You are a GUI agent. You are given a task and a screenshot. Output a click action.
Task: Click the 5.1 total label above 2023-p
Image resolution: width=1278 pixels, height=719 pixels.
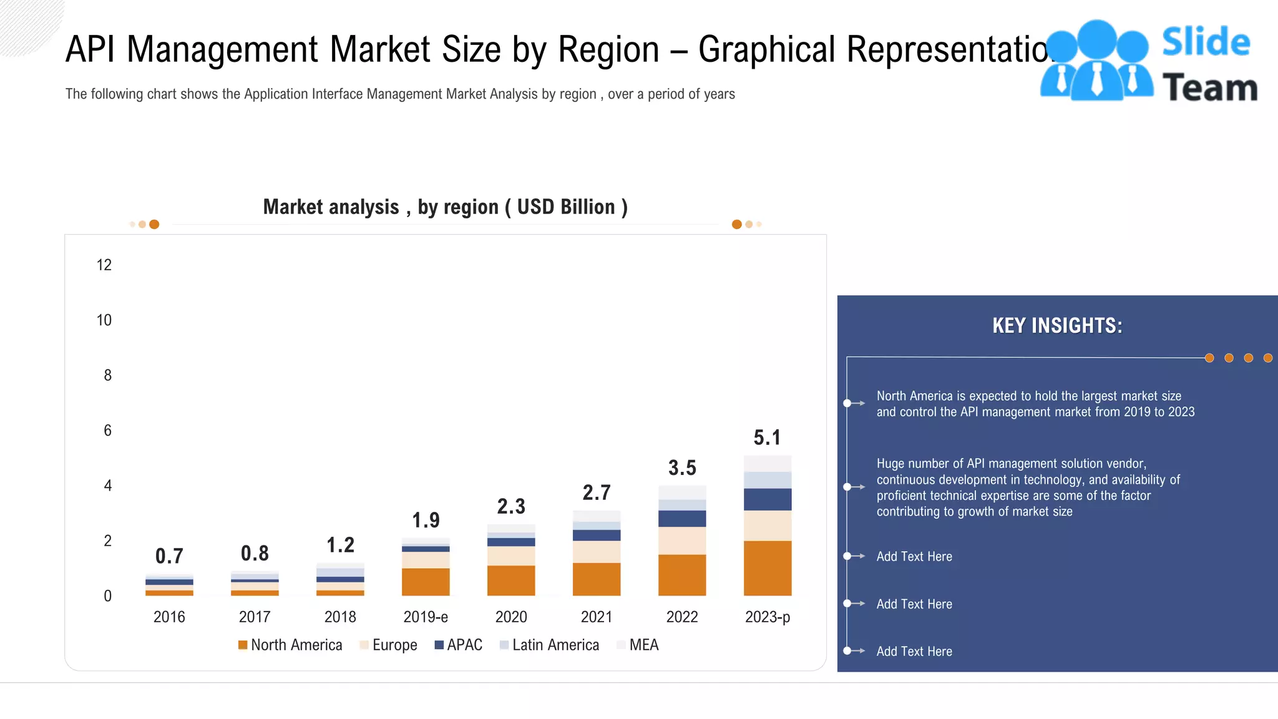point(767,438)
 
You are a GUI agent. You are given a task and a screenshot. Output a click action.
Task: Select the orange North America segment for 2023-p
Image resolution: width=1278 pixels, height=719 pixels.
point(768,568)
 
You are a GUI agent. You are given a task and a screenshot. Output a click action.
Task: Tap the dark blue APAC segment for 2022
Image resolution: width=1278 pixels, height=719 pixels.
point(682,519)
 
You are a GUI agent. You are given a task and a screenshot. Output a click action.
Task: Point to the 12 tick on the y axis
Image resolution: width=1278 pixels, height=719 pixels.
point(104,265)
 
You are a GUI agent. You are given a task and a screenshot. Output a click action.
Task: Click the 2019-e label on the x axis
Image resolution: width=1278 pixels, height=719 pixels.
point(426,617)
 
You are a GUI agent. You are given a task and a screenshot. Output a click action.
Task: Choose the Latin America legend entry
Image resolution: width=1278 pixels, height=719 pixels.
point(555,645)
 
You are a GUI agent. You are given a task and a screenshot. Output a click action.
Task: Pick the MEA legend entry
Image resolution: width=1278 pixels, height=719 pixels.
point(643,645)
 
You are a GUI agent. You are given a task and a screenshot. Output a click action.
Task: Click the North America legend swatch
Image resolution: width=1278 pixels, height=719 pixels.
point(243,645)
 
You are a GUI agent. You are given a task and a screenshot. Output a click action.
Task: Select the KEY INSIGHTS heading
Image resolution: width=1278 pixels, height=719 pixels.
point(1057,326)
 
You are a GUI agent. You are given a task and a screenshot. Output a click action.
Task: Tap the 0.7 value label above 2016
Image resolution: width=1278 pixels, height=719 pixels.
point(169,555)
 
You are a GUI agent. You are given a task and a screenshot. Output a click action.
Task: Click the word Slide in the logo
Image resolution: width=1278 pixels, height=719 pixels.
point(1206,42)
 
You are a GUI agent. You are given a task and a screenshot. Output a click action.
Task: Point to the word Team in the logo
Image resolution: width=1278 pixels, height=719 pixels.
point(1209,87)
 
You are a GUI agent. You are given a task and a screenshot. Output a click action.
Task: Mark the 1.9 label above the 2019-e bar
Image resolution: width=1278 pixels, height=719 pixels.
point(426,520)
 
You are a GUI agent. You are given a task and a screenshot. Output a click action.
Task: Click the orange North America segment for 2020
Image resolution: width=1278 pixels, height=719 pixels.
point(511,580)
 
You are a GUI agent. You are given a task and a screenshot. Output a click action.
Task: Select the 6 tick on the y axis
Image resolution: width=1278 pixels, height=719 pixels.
point(107,430)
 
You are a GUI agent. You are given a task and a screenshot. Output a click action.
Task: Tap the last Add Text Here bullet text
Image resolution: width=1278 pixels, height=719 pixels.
point(914,651)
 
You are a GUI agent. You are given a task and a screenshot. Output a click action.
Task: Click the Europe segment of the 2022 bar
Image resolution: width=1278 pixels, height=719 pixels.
point(682,540)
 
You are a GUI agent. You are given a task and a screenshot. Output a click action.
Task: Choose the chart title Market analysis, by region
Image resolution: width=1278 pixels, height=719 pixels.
point(445,207)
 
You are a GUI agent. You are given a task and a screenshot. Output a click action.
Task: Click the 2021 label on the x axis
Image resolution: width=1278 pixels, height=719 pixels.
point(597,617)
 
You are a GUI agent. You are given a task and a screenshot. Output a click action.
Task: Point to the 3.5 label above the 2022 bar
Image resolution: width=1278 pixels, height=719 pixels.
point(682,467)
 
